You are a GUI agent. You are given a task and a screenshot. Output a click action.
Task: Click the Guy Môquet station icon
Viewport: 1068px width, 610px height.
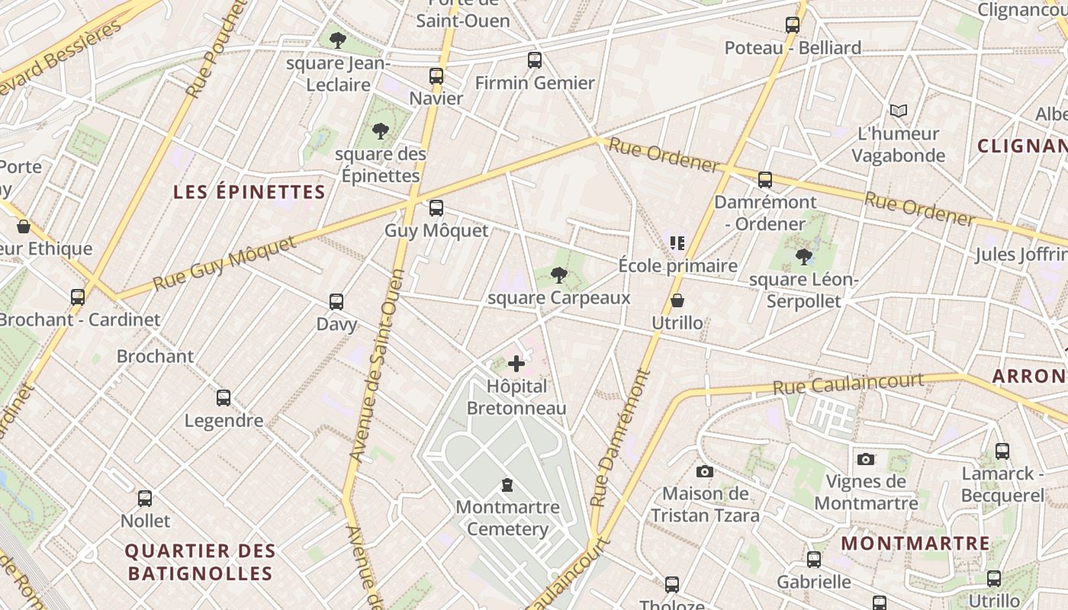[x=436, y=208]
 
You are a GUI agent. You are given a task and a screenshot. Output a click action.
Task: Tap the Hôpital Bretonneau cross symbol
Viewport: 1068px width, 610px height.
[x=516, y=364]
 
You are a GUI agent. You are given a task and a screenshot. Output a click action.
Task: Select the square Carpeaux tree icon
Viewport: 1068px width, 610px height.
[x=559, y=275]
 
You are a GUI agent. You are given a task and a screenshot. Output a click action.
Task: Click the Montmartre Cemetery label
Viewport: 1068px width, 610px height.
[x=507, y=518]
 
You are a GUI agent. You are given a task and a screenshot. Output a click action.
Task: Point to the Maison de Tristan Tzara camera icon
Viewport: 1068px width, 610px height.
[x=705, y=472]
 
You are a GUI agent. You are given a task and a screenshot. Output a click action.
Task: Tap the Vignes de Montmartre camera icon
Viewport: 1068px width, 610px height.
[x=865, y=459]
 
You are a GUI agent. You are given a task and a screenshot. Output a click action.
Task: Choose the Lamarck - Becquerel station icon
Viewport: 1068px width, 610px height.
[x=1002, y=451]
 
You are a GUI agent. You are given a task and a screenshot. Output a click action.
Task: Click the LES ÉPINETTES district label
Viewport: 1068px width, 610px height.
[x=249, y=191]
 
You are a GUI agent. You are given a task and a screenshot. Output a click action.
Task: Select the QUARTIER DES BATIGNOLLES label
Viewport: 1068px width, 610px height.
[x=200, y=562]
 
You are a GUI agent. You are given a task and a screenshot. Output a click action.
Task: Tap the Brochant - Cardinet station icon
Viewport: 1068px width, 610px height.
[x=78, y=297]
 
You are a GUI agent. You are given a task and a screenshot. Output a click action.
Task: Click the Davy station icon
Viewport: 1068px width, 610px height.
[x=336, y=302]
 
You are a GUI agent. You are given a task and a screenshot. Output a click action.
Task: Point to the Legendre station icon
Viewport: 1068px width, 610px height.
[x=224, y=398]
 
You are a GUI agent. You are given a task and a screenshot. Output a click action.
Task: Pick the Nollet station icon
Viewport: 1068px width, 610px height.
[x=145, y=499]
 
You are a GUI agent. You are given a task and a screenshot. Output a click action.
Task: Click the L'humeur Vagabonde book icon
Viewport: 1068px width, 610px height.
[x=899, y=111]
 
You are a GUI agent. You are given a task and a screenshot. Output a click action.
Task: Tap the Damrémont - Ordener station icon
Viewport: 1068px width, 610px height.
[x=765, y=180]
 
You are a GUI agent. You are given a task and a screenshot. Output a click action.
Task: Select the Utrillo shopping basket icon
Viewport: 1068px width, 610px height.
[x=677, y=301]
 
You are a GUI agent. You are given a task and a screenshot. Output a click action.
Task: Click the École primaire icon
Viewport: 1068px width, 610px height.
[x=677, y=243]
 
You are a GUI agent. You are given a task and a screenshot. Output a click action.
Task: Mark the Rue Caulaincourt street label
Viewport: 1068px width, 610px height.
[x=848, y=384]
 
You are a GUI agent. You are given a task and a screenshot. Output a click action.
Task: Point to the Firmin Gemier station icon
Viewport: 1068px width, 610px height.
[x=535, y=60]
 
